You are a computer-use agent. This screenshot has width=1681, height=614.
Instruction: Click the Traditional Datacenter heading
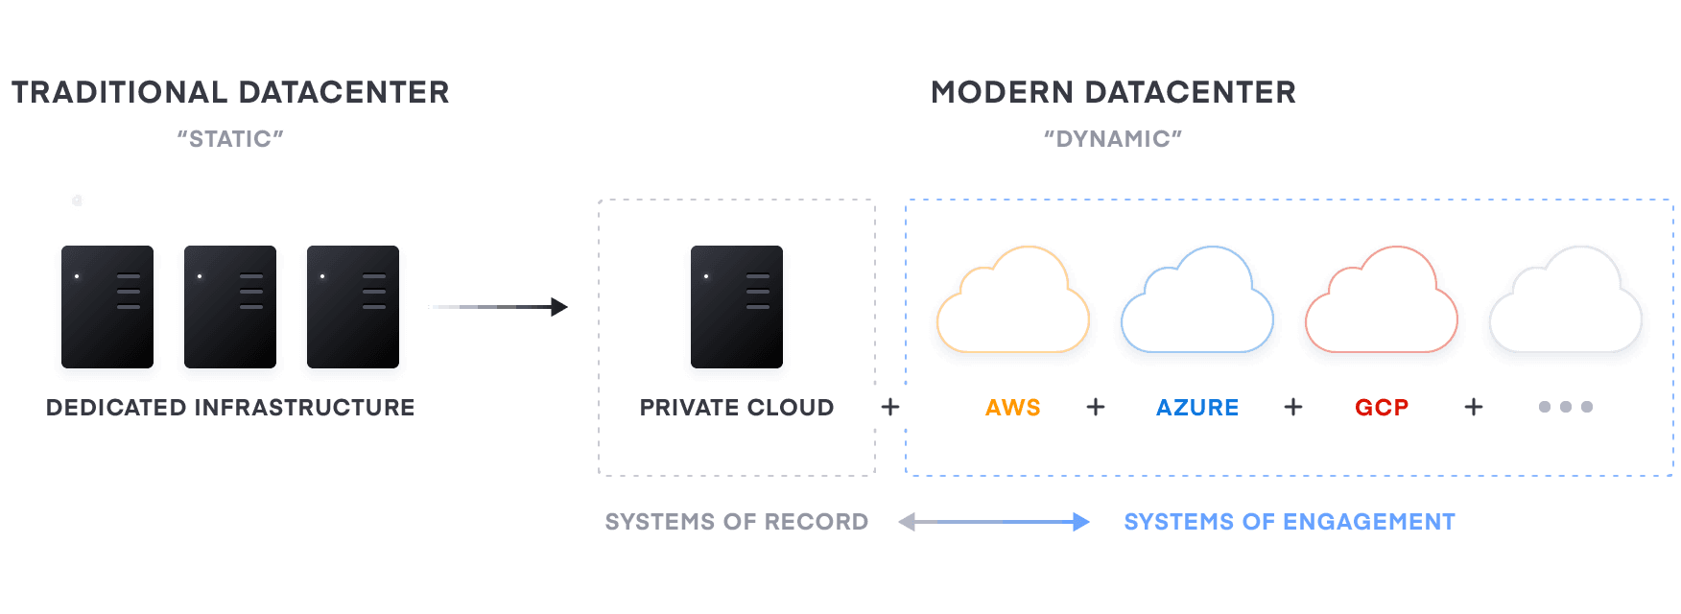pyautogui.click(x=230, y=92)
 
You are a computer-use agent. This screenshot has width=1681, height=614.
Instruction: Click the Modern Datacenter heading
pyautogui.click(x=1113, y=92)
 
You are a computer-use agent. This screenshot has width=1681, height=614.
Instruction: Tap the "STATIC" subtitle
pyautogui.click(x=230, y=139)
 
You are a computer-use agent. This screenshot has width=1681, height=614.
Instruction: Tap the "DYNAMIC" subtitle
pyautogui.click(x=1113, y=139)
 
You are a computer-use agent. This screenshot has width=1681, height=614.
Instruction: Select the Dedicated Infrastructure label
pyautogui.click(x=230, y=408)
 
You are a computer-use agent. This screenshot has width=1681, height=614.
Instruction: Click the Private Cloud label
pyautogui.click(x=737, y=408)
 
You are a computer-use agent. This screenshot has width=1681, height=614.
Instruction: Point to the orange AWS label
pyautogui.click(x=1013, y=408)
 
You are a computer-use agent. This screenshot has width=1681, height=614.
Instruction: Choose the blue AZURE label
pyautogui.click(x=1196, y=408)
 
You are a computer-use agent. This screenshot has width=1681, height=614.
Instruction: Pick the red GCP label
pyautogui.click(x=1382, y=408)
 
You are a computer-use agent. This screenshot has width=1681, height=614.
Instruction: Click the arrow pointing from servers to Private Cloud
pyautogui.click(x=497, y=307)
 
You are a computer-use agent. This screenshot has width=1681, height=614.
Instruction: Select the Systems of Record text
pyautogui.click(x=737, y=522)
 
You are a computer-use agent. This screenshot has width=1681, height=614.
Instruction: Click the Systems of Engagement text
pyautogui.click(x=1290, y=522)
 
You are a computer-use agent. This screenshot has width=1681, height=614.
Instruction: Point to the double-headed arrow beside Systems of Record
pyautogui.click(x=994, y=522)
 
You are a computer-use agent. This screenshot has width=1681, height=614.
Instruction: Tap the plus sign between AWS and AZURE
pyautogui.click(x=1096, y=408)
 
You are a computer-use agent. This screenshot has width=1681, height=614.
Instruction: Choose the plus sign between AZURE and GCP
pyautogui.click(x=1293, y=408)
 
